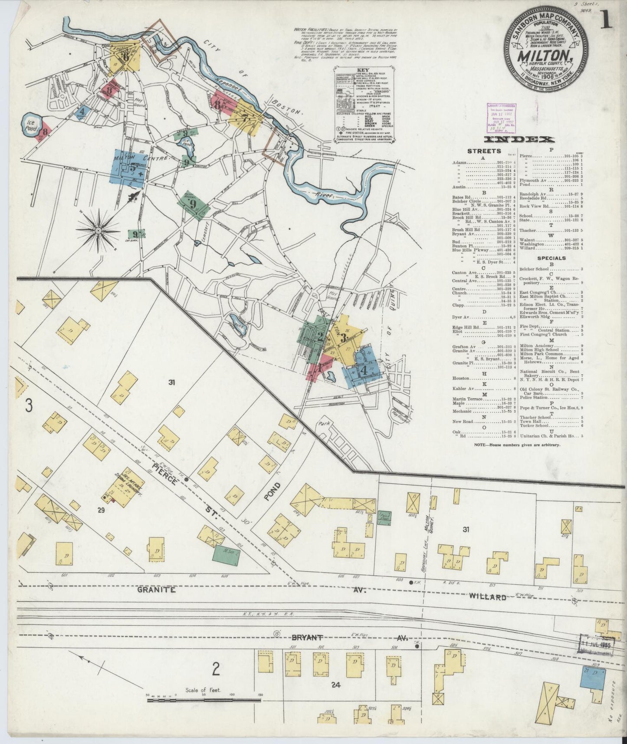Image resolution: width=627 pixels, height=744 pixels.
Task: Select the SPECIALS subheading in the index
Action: [551, 258]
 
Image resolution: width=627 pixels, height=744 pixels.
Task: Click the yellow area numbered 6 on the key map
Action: [125, 56]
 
